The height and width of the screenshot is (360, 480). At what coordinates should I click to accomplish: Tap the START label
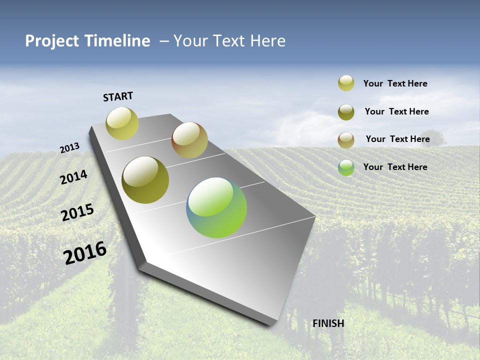click(118, 96)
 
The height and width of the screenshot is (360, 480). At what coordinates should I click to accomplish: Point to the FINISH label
click(328, 323)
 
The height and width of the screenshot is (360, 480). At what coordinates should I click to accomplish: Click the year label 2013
click(69, 147)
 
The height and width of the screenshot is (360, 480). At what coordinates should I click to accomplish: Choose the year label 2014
click(74, 177)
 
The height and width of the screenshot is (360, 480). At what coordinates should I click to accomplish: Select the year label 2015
click(77, 212)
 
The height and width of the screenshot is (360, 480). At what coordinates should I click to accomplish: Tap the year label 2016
click(85, 252)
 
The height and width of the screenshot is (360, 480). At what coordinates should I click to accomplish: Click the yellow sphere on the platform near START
click(122, 123)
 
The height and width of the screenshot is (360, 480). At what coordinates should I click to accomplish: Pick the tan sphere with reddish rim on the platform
click(189, 140)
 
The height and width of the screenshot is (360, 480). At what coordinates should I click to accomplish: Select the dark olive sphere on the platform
click(145, 180)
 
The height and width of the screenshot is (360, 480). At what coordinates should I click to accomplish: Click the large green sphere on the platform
click(216, 207)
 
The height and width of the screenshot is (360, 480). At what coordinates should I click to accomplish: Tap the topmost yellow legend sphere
click(346, 83)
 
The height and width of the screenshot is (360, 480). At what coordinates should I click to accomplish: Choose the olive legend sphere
click(346, 112)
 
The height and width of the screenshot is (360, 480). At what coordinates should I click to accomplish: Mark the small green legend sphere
click(346, 167)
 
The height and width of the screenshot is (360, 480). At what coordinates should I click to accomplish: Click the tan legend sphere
click(346, 140)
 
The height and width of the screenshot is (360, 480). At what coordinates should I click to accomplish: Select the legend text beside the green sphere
click(395, 167)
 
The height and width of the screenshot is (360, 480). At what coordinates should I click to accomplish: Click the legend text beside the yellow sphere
click(395, 83)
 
